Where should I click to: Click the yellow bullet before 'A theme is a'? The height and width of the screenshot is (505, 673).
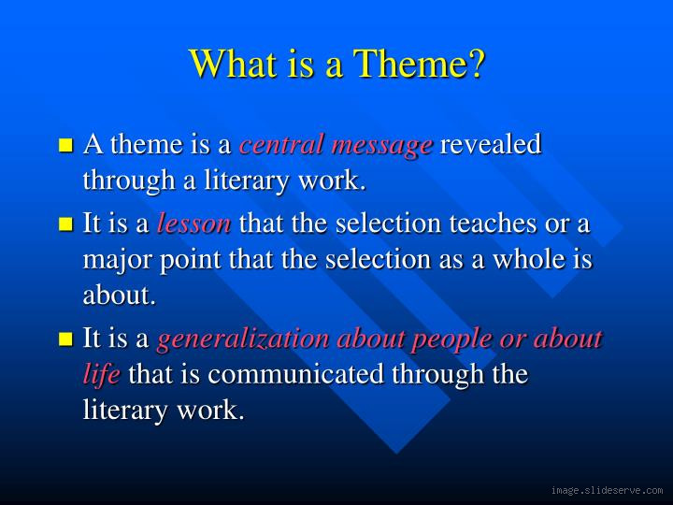tap(65, 146)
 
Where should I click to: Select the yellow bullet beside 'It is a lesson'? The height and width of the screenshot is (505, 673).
tap(65, 224)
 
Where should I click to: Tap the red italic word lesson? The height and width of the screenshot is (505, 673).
tap(193, 224)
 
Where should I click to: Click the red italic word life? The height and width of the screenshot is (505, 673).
tap(101, 374)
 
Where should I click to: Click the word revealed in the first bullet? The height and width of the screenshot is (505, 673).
tap(491, 145)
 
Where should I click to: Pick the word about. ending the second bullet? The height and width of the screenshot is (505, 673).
tap(119, 296)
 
